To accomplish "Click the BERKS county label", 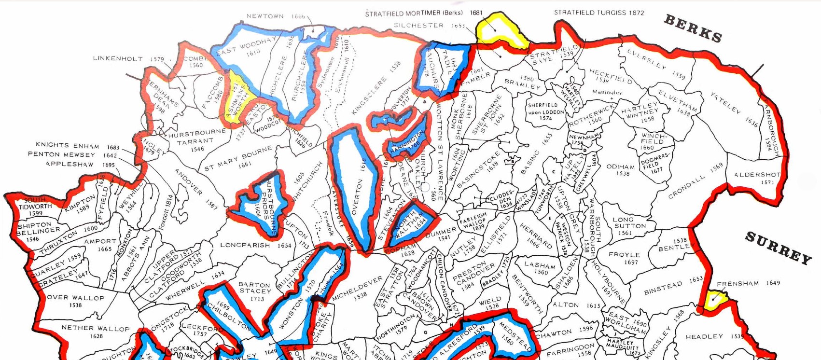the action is [693, 28].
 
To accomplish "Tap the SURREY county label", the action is [778, 248].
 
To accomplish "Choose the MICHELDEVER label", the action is [357, 288].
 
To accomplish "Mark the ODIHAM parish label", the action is [621, 167].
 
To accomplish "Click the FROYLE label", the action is [624, 255].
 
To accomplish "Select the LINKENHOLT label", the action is [118, 59].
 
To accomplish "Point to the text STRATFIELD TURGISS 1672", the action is [598, 13].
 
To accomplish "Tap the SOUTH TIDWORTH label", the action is [35, 203].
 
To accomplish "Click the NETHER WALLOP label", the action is [96, 328].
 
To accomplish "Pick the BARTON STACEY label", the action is [254, 288].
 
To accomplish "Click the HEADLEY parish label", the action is [704, 336].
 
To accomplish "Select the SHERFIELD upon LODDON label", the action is [546, 109].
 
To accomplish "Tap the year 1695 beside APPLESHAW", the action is [109, 165].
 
